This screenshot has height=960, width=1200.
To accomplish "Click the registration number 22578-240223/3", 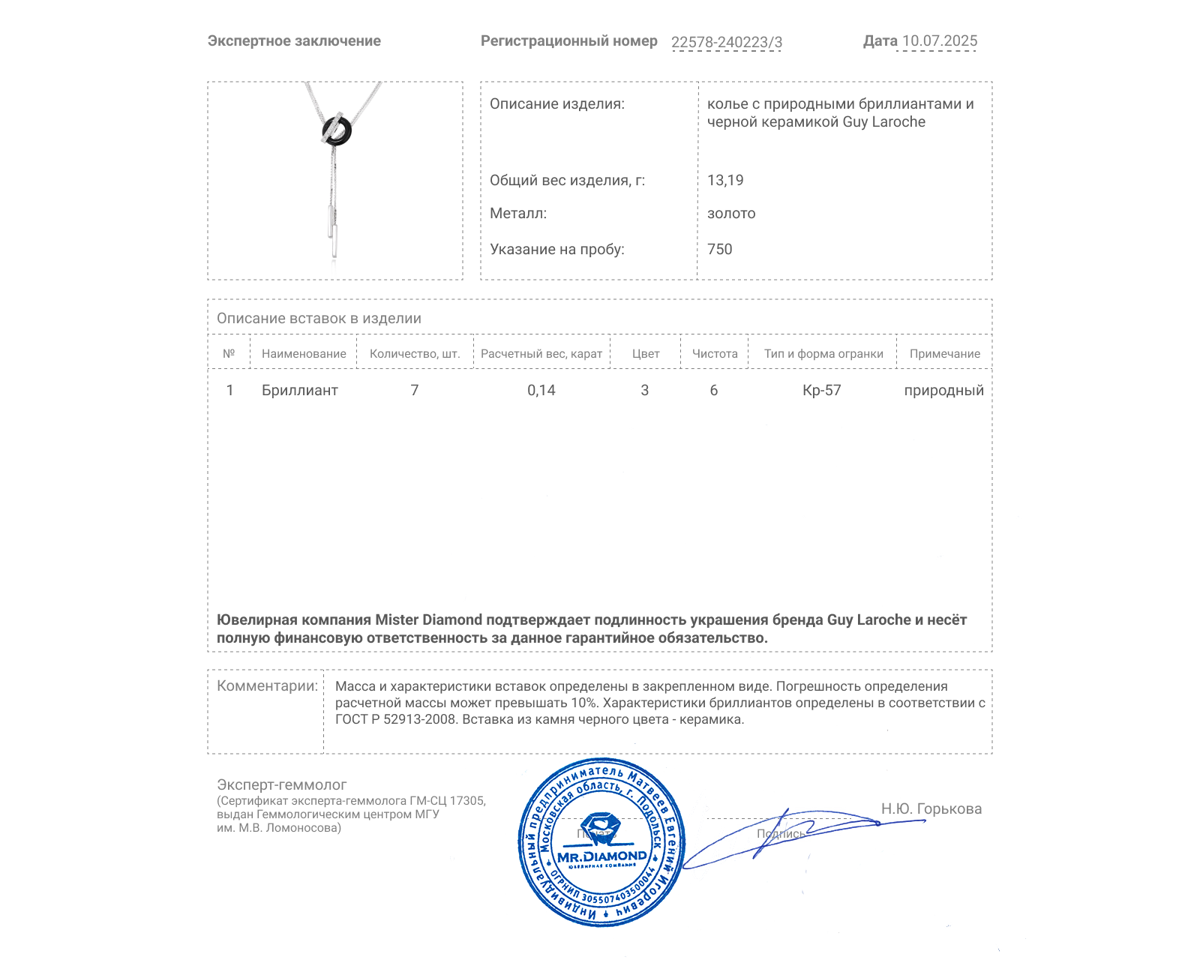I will [726, 42].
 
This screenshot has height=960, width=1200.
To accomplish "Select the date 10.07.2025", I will [939, 41].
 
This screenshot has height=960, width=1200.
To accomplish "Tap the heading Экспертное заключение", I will [294, 41].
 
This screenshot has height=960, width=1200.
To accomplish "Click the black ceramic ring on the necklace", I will [337, 130].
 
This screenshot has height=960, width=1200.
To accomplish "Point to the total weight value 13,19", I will [725, 180].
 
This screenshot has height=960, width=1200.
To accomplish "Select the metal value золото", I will [731, 214].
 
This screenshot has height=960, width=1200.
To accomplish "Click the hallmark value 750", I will [719, 249].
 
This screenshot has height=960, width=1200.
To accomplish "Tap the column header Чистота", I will [715, 354].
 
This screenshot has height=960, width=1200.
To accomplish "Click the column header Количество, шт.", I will [415, 354].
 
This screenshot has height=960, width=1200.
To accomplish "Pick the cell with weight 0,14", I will [541, 390].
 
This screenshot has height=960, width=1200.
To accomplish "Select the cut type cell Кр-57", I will [822, 390].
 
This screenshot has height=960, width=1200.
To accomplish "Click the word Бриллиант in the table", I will [300, 390].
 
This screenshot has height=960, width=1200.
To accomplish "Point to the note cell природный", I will [943, 390].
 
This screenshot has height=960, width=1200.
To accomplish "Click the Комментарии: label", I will [267, 686].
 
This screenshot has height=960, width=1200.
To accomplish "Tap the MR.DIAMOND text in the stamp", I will [601, 856].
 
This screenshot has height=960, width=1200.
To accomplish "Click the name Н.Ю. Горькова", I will [931, 808].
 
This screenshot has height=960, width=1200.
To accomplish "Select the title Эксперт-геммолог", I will [282, 784].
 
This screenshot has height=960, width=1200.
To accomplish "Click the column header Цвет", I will [645, 354].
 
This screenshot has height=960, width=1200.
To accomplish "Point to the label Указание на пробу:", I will [556, 249].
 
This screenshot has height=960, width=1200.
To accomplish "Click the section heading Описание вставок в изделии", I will [319, 318].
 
